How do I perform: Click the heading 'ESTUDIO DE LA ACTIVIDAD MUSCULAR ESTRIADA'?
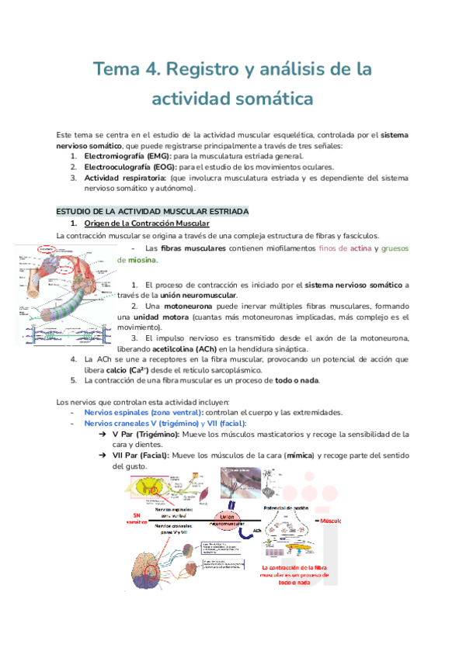pyautogui.click(x=152, y=211)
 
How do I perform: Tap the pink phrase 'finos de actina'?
pyautogui.click(x=341, y=248)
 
